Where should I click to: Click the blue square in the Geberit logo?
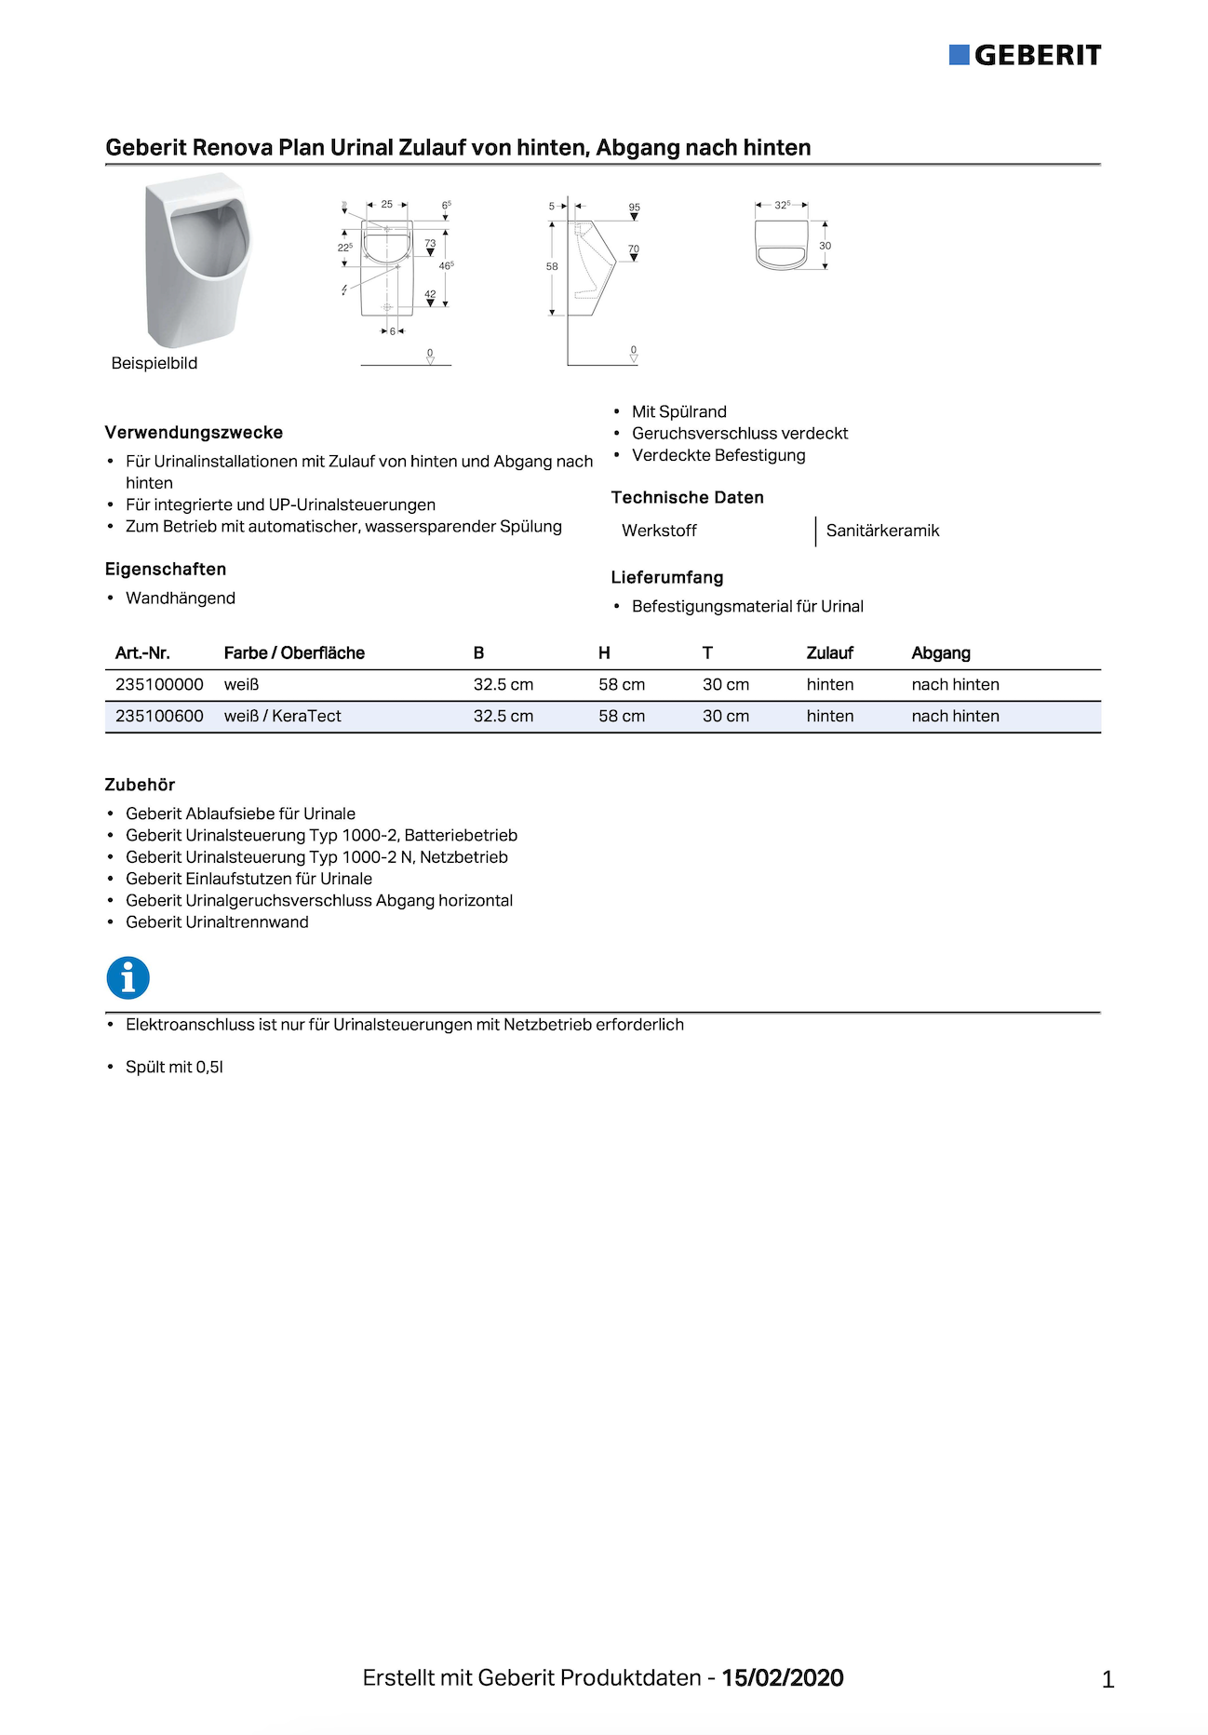[x=959, y=55]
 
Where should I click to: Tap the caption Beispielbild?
[x=154, y=363]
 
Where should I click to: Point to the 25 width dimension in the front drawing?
[x=387, y=204]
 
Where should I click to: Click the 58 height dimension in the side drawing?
[x=552, y=266]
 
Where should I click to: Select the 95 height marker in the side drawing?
[x=634, y=208]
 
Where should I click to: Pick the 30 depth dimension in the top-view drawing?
[x=825, y=246]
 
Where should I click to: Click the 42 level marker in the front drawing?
[x=430, y=294]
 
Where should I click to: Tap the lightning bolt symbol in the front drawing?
[x=344, y=290]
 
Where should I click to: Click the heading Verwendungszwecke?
[x=194, y=432]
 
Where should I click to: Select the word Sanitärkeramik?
[x=882, y=531]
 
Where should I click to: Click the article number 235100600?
[x=159, y=716]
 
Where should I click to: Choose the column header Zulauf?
[x=829, y=652]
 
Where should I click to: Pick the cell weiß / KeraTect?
[x=282, y=716]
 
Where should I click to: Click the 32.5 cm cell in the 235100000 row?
[x=503, y=684]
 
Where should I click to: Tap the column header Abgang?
[x=940, y=652]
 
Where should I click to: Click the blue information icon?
[x=128, y=978]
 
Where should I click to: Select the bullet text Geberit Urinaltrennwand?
[x=217, y=921]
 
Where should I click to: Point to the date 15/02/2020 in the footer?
[x=782, y=1677]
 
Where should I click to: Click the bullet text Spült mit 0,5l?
[x=174, y=1067]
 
